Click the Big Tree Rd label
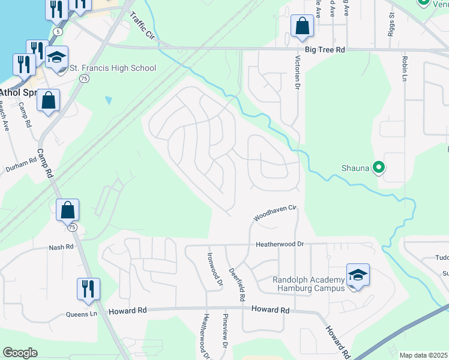pyautogui.click(x=324, y=51)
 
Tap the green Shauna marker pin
pyautogui.click(x=378, y=167)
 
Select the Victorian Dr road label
pyautogui.click(x=297, y=73)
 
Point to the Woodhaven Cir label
pyautogui.click(x=275, y=212)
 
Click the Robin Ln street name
pyautogui.click(x=405, y=70)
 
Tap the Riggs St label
pyautogui.click(x=392, y=24)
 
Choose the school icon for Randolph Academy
pyautogui.click(x=358, y=275)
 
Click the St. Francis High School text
pyautogui.click(x=113, y=68)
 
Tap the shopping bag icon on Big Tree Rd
pyautogui.click(x=302, y=26)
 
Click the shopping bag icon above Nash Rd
pyautogui.click(x=68, y=210)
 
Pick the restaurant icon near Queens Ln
pyautogui.click(x=88, y=289)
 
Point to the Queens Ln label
pyautogui.click(x=81, y=314)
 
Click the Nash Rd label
pyautogui.click(x=61, y=247)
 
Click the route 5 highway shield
pyautogui.click(x=58, y=31)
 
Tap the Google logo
pyautogui.click(x=20, y=353)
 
